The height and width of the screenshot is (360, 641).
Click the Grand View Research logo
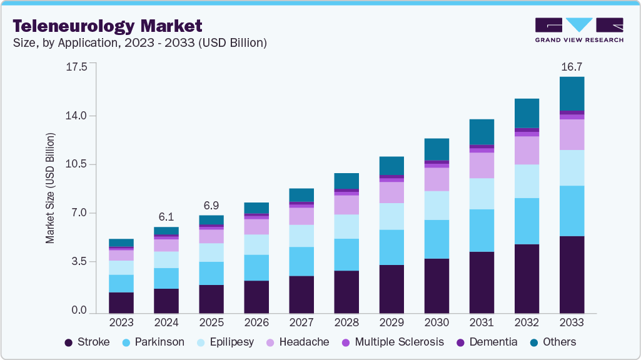579,30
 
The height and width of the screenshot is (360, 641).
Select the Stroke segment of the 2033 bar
572,274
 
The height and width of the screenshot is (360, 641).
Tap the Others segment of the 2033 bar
572,94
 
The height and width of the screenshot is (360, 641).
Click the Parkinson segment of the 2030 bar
437,239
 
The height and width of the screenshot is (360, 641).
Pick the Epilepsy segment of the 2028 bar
346,226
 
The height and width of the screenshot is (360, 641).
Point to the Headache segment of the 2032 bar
527,151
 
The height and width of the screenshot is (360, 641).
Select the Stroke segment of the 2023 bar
121,302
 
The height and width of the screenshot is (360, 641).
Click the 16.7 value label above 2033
572,66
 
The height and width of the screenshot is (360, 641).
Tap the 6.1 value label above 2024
166,216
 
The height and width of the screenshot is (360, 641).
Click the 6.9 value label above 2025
211,206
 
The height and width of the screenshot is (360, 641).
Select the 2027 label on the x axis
301,323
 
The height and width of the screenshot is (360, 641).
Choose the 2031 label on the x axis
482,323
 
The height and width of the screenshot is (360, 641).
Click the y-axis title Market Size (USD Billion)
50,187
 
